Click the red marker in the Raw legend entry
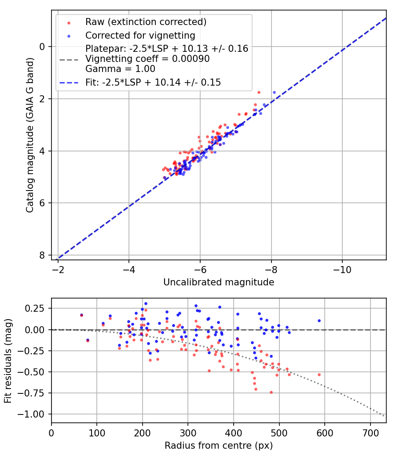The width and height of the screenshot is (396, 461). coord(69,22)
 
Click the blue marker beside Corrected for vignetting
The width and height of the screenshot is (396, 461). coord(69,35)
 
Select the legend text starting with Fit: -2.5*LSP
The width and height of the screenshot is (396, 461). coord(153,82)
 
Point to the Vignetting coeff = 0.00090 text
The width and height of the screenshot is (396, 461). coord(147,59)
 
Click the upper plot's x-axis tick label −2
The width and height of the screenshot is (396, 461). coord(58,270)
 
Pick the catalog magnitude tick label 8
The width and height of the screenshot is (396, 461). coord(43,255)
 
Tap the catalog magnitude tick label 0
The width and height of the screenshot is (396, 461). coord(43,47)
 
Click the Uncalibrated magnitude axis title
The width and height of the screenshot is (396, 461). coord(219,282)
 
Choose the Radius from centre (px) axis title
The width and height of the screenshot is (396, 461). coord(219,446)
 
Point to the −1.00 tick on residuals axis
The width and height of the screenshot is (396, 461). coord(34,414)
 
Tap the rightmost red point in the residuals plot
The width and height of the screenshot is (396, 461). coord(319,375)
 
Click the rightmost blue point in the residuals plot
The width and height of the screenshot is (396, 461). coord(319,321)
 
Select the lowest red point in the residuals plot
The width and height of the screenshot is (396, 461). coord(271,392)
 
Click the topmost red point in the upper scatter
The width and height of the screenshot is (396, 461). coord(259,92)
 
